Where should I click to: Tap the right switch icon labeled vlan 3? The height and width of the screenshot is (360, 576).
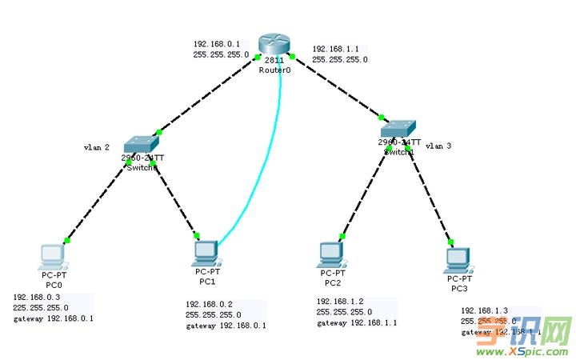point(398,128)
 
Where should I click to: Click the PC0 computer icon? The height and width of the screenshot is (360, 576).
point(53,255)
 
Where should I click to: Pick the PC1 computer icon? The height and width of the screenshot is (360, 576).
point(206,252)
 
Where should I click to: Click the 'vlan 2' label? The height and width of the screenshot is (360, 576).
point(97,147)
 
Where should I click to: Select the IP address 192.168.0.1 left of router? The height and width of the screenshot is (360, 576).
point(215,44)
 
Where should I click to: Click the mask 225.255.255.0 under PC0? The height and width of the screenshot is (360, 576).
point(40,307)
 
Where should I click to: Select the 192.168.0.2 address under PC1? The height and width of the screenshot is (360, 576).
point(209,305)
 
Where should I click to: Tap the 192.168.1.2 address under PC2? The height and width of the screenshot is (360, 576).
point(339,302)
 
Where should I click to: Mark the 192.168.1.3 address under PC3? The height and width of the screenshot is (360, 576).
point(484,310)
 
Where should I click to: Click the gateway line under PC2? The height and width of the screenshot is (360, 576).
point(356,322)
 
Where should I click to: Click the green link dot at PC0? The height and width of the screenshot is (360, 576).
point(68,239)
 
